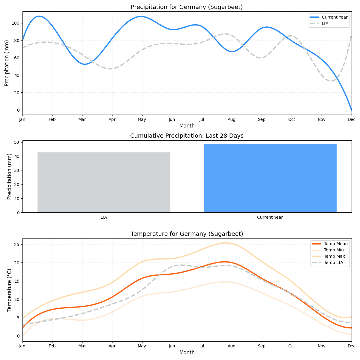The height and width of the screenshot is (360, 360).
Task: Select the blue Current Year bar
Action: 270,178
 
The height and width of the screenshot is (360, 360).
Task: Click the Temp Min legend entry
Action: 334,250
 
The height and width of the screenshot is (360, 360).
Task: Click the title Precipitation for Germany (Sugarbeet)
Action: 187,7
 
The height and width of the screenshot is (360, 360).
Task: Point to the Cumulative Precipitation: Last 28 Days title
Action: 187,136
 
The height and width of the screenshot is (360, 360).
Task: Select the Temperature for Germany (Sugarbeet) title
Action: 187,234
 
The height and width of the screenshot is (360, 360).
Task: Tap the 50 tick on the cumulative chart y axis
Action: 17,142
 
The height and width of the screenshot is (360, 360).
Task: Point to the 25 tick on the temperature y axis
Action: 17,244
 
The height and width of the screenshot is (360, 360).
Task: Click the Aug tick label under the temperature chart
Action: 232,346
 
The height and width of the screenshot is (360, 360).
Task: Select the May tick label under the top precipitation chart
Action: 142,119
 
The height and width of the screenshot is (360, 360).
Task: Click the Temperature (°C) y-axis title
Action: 10,290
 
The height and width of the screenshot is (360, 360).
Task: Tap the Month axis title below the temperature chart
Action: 187,352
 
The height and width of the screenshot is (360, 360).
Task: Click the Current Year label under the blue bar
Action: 270,217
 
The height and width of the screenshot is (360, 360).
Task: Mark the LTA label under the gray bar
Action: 104,217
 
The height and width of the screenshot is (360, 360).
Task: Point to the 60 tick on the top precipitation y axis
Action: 17,58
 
